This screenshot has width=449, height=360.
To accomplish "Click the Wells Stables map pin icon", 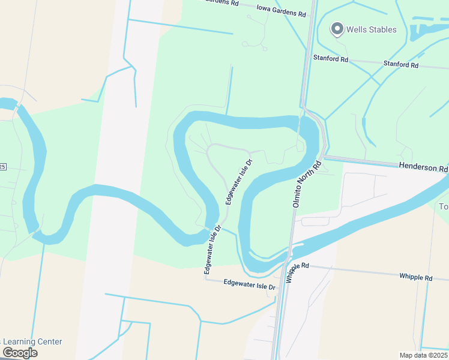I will pyautogui.click(x=337, y=29).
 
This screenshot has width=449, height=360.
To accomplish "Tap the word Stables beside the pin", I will pyautogui.click(x=382, y=29).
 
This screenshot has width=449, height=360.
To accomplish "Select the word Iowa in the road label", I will pyautogui.click(x=264, y=8).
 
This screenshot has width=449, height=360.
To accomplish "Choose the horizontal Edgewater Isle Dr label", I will pyautogui.click(x=249, y=284).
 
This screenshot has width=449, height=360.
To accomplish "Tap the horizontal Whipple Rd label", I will pyautogui.click(x=415, y=277).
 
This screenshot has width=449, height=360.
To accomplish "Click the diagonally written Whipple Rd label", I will pyautogui.click(x=297, y=272).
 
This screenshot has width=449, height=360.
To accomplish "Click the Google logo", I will pyautogui.click(x=20, y=353).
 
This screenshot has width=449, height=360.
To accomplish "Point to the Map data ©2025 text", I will pyautogui.click(x=423, y=355).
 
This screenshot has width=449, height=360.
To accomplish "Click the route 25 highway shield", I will pyautogui.click(x=2, y=166).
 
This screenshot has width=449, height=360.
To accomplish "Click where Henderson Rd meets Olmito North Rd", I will pyautogui.click(x=324, y=158).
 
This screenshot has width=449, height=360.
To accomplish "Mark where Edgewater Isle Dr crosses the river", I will pyautogui.click(x=214, y=228).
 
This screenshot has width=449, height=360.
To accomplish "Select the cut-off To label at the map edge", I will pyautogui.click(x=444, y=207).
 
